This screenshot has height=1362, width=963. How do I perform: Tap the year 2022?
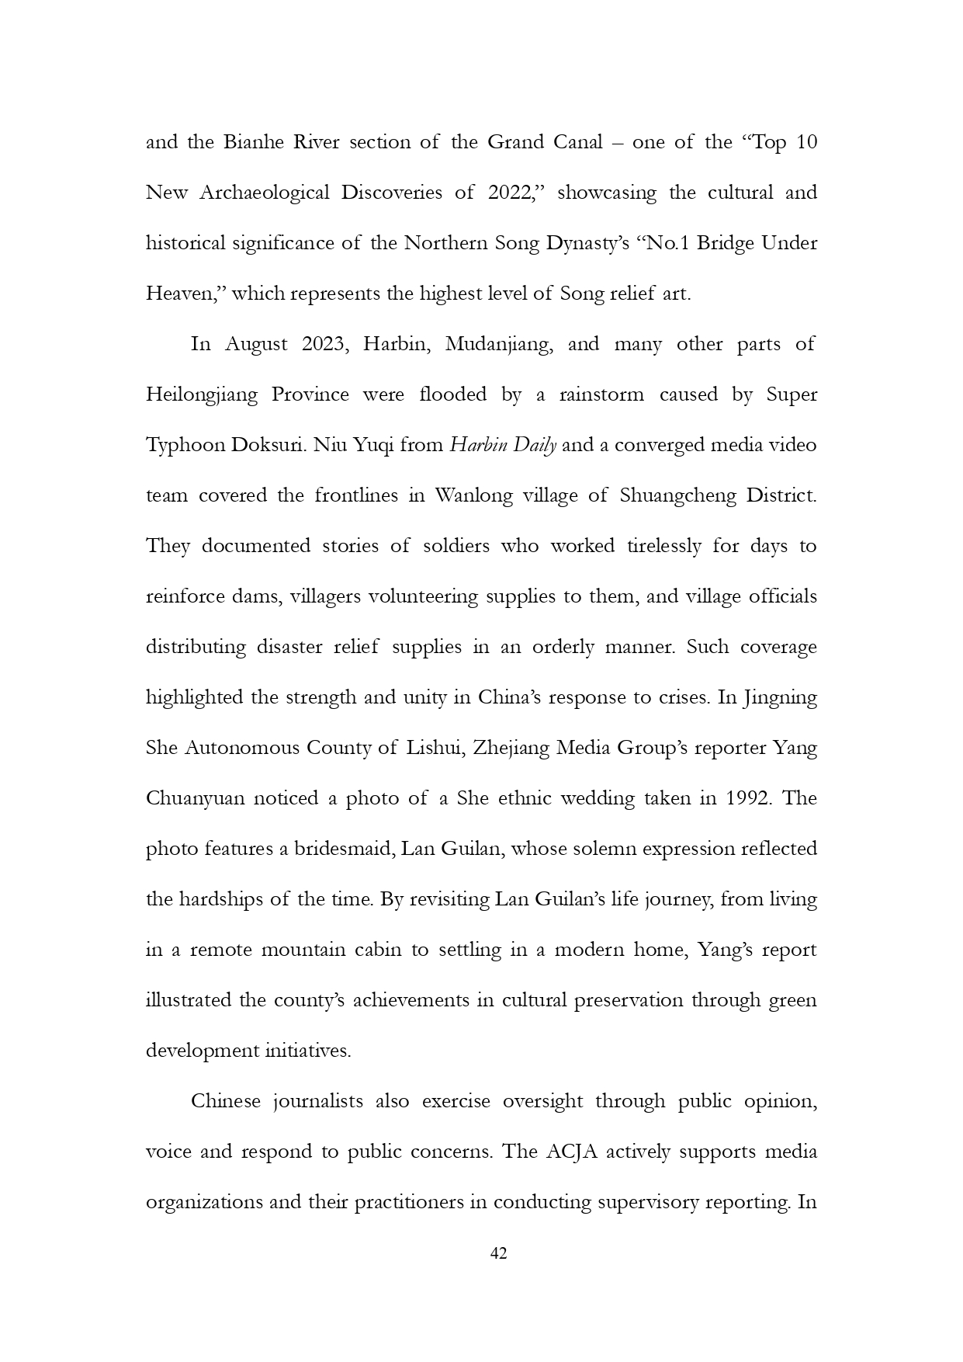pos(509,193)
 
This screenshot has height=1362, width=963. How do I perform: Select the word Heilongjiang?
pos(202,395)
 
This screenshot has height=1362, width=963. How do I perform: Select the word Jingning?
pos(780,697)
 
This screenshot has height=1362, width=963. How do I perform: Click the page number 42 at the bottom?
pos(499,1253)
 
